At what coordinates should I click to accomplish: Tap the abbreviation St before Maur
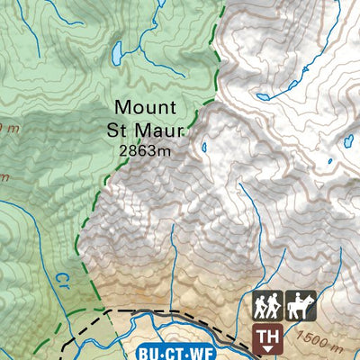(122, 131)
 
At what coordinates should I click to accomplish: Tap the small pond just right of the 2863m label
(204, 147)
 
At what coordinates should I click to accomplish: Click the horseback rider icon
(299, 306)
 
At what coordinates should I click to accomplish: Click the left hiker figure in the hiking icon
(261, 306)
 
